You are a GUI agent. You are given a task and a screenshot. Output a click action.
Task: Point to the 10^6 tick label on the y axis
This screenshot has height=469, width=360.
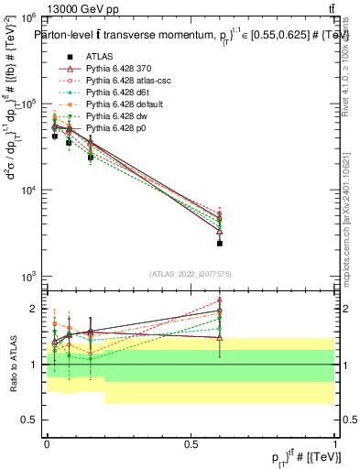28,17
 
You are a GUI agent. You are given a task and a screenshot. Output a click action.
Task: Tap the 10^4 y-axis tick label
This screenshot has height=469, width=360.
28,191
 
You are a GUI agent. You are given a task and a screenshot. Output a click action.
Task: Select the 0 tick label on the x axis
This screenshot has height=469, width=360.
47,443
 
